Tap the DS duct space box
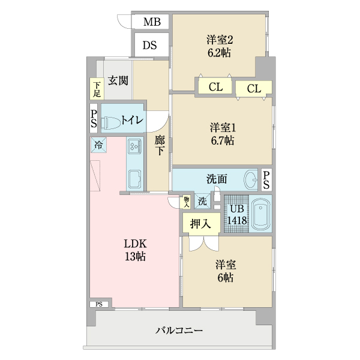[x=151, y=45]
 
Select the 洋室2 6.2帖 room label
[x=219, y=46]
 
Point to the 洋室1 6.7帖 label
[x=221, y=134]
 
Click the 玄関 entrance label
[x=118, y=80]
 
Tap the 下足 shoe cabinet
[x=97, y=89]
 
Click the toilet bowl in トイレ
[x=112, y=122]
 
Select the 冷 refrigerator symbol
[x=98, y=145]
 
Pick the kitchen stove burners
[x=134, y=146]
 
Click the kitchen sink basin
[x=134, y=178]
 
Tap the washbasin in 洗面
[x=251, y=179]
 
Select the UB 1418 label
[x=236, y=215]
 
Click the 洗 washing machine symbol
[x=203, y=202]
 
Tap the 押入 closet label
[x=200, y=224]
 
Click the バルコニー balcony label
[x=179, y=330]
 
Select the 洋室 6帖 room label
[x=226, y=271]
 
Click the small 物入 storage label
[x=187, y=202]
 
